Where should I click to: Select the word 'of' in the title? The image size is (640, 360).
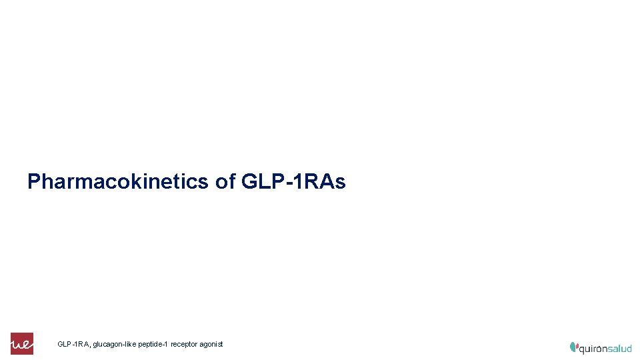point(225,181)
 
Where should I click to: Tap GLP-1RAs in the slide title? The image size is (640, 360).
point(293,181)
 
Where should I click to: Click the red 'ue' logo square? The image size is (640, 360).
point(21,343)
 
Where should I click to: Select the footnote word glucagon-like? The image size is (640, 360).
point(115,344)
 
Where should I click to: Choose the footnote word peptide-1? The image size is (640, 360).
point(153,344)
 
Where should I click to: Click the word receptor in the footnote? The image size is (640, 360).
point(184,344)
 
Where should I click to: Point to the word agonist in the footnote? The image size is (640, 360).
point(211,344)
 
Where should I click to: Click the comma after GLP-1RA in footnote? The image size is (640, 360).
point(90,346)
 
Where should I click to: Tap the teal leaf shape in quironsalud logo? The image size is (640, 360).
point(573,347)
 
